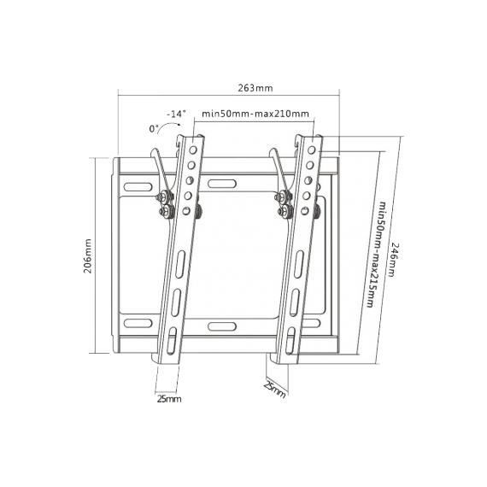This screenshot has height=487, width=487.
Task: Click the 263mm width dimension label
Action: [256, 87]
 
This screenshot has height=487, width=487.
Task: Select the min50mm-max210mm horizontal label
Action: [256, 114]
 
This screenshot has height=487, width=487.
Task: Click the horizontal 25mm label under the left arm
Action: [169, 399]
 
